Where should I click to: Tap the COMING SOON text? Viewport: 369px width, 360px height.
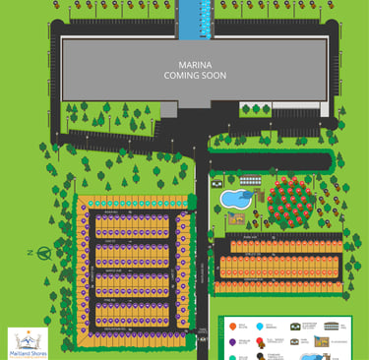tap(194, 73)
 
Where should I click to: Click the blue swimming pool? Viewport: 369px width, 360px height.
tap(233, 199)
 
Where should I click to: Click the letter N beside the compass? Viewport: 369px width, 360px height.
tap(31, 252)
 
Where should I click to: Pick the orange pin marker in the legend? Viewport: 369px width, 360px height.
tap(232, 326)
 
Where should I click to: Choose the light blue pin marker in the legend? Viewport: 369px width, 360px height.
tap(260, 326)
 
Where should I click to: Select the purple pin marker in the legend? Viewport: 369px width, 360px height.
tap(232, 341)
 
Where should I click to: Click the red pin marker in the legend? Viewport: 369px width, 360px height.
tap(260, 341)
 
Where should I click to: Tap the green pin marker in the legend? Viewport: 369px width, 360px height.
tap(232, 355)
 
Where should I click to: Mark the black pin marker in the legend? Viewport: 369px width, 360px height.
tap(260, 355)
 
